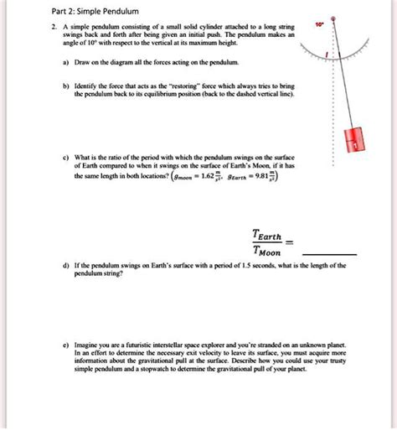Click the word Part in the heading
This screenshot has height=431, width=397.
click(60, 11)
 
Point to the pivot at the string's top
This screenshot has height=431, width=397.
click(333, 16)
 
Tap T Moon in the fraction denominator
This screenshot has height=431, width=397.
click(268, 252)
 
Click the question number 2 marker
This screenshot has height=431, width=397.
click(52, 29)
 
